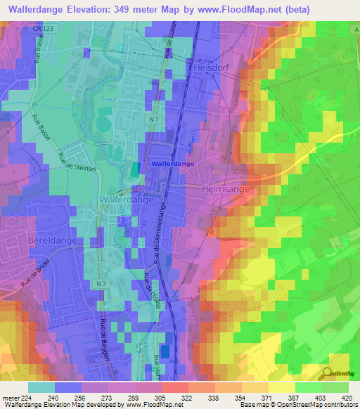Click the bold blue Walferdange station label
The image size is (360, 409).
click(172, 164)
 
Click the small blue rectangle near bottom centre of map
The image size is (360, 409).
click(165, 349)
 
